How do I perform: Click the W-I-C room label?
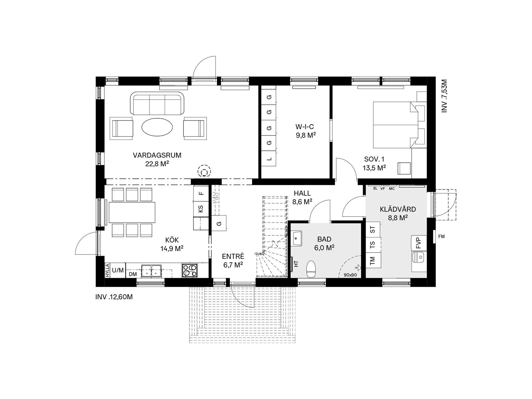305,127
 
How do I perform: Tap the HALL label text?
302,194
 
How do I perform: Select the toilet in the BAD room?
311,269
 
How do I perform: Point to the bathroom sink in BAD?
297,239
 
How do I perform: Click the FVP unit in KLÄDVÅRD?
418,243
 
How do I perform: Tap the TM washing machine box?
373,260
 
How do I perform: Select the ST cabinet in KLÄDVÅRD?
373,230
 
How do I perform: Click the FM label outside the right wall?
441,237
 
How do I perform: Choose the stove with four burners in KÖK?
189,271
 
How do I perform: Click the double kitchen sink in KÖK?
151,271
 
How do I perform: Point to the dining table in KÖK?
132,212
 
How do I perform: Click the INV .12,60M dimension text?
114,297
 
